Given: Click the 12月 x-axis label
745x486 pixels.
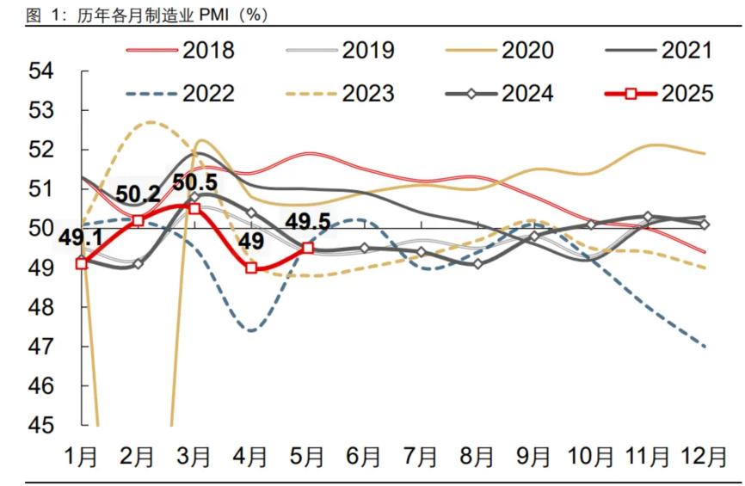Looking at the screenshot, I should tap(704, 457).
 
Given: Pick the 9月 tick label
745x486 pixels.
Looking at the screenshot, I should tap(533, 457).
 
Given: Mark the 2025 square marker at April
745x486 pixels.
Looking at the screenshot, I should tap(251, 268).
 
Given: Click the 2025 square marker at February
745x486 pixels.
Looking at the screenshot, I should tap(138, 220).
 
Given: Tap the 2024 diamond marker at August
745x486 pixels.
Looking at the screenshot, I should tap(477, 263).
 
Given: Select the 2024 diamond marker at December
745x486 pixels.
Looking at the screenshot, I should tap(705, 225).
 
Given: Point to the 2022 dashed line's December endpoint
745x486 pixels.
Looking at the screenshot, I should tap(705, 347).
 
